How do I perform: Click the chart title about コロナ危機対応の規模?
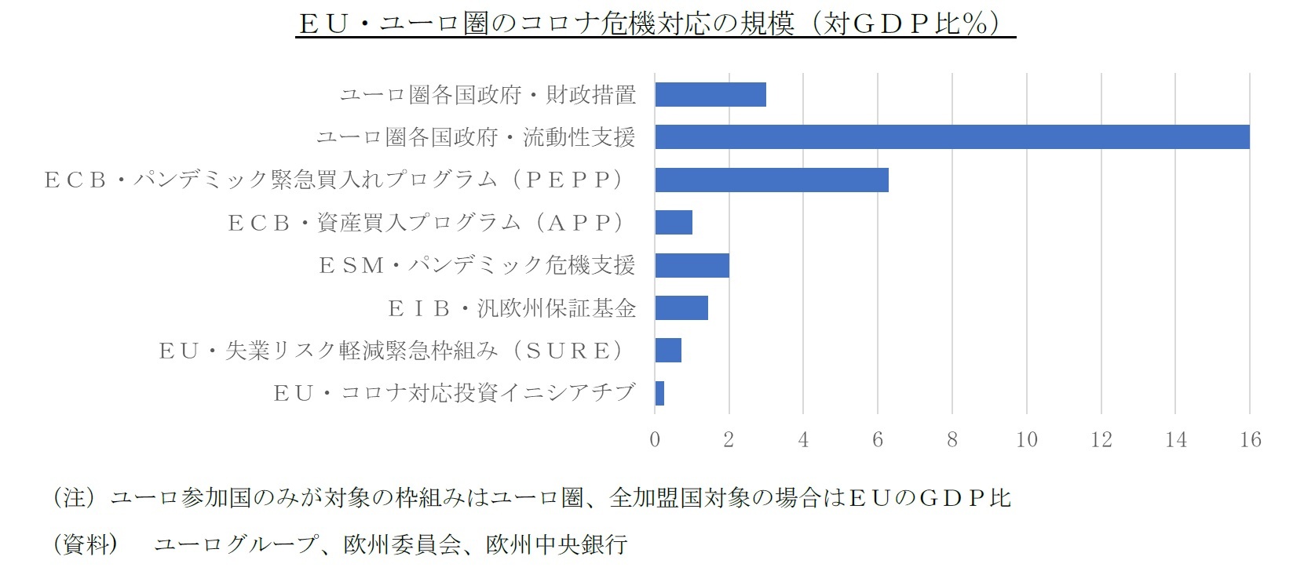(x=656, y=24)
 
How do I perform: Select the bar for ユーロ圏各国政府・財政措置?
(x=710, y=94)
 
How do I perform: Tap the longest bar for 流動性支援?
(x=952, y=136)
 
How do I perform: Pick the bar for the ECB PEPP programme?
(x=772, y=180)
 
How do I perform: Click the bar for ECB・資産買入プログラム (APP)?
(x=674, y=222)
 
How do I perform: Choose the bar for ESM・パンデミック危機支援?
(x=692, y=265)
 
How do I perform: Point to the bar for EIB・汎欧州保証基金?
(x=681, y=307)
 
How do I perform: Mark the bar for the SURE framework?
(x=668, y=351)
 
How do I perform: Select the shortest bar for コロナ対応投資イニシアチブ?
(x=659, y=393)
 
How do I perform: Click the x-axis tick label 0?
(x=655, y=439)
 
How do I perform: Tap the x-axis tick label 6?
(x=878, y=439)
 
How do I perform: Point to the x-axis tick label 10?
(x=1026, y=439)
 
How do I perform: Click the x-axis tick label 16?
(x=1250, y=439)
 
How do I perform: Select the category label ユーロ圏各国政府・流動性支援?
(x=476, y=137)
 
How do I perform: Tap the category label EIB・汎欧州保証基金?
(x=512, y=308)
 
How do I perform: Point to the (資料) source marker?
(x=85, y=544)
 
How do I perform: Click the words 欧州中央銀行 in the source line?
(x=557, y=544)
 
